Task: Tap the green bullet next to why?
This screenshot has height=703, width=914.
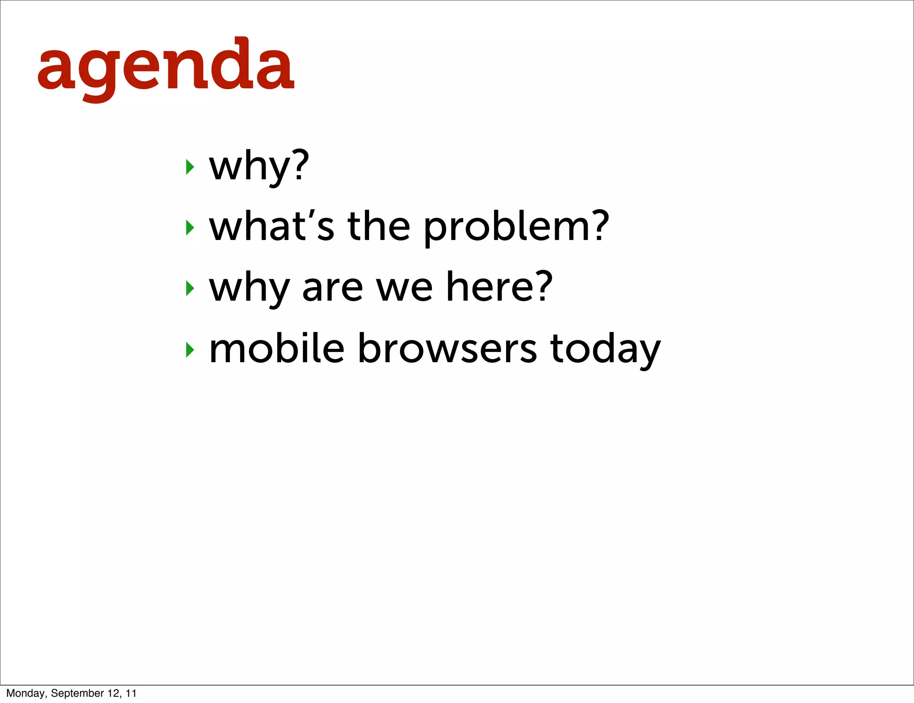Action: [190, 167]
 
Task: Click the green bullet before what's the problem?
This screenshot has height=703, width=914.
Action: [190, 228]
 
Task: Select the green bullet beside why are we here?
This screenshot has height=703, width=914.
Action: [190, 289]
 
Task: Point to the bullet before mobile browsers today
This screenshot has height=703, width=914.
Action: [190, 350]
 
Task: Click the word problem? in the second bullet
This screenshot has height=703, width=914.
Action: [515, 227]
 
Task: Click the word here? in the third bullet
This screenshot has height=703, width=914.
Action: [499, 288]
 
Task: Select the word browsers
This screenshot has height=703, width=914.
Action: [447, 348]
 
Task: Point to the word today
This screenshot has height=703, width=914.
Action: [605, 349]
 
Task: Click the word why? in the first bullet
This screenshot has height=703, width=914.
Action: [259, 167]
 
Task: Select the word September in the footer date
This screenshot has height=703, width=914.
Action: [77, 693]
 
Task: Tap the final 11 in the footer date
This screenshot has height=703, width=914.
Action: [131, 693]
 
